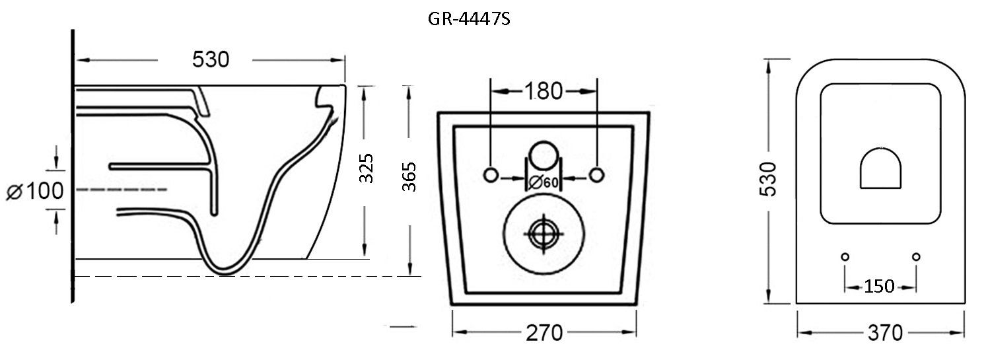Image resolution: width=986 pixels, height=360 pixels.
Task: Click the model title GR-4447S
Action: click(x=469, y=19)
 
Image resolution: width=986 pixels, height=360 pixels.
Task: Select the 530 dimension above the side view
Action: click(x=211, y=59)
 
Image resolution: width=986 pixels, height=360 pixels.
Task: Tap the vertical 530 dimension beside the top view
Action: click(x=768, y=180)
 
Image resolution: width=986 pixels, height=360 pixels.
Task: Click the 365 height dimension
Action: click(x=409, y=176)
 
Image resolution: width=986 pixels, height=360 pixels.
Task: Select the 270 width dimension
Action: click(x=544, y=333)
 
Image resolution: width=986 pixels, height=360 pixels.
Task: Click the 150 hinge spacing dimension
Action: click(x=880, y=286)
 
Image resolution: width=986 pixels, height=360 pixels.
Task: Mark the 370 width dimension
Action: click(x=884, y=334)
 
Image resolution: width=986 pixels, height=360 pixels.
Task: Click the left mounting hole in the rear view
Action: click(x=491, y=175)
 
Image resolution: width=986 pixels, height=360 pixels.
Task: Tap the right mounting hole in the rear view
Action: click(x=596, y=175)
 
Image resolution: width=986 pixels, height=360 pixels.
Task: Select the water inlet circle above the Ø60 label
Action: click(x=544, y=153)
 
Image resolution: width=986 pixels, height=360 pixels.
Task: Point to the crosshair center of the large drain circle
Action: click(x=543, y=233)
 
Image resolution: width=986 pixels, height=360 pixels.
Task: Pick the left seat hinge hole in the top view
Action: click(x=845, y=256)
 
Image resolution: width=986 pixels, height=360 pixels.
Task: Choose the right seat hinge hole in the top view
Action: click(x=915, y=256)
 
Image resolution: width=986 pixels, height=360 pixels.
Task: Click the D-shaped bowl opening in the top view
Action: click(x=880, y=169)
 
